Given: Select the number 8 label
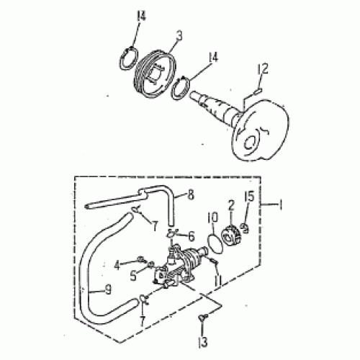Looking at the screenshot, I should point(191,194).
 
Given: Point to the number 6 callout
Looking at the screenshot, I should point(191,236).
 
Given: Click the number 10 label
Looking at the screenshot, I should point(212,216).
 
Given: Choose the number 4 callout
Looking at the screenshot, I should point(117,264).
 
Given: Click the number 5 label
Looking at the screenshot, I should point(133,274).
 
